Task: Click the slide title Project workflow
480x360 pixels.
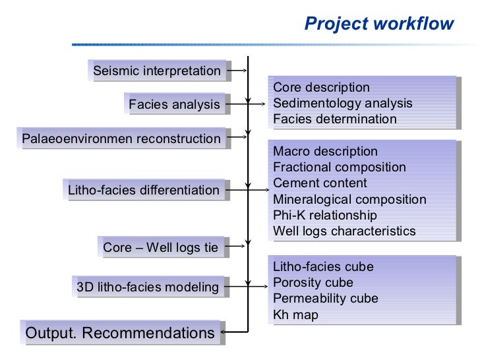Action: tap(378, 24)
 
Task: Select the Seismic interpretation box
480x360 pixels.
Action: tap(157, 71)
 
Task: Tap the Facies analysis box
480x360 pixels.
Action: tap(174, 104)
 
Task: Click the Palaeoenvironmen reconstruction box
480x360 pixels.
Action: tap(121, 138)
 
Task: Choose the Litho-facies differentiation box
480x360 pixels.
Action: tap(144, 191)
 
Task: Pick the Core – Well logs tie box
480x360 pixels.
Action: tap(160, 247)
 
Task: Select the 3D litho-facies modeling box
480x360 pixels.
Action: tap(148, 287)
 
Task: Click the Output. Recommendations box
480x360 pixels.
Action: tap(120, 333)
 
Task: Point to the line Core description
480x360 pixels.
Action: tap(321, 88)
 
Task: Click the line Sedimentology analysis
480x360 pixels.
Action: tap(342, 104)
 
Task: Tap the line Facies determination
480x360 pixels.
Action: tap(334, 119)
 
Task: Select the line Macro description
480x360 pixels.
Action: tap(325, 152)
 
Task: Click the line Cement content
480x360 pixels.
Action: tap(320, 183)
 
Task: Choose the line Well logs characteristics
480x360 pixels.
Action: tap(344, 231)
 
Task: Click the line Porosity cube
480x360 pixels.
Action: tap(313, 283)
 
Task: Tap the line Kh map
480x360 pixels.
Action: tap(295, 315)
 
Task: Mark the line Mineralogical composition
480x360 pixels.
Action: tap(349, 199)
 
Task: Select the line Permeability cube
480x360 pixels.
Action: tap(325, 299)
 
